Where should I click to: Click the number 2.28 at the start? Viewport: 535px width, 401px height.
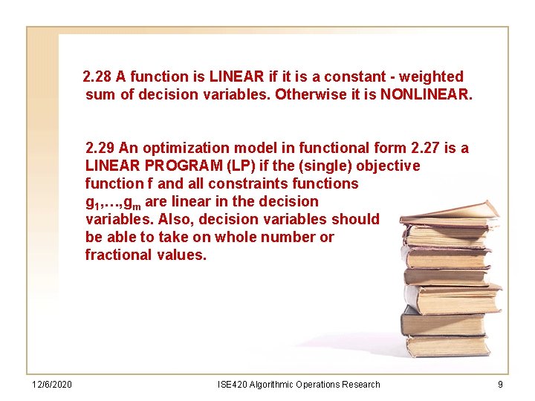click(x=97, y=76)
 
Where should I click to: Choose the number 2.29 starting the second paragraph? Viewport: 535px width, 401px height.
click(x=100, y=148)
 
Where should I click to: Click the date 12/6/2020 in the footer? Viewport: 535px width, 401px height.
click(x=52, y=384)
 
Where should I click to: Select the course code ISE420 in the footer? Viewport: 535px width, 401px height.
click(x=233, y=384)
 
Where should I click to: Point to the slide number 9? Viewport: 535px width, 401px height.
click(x=500, y=384)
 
